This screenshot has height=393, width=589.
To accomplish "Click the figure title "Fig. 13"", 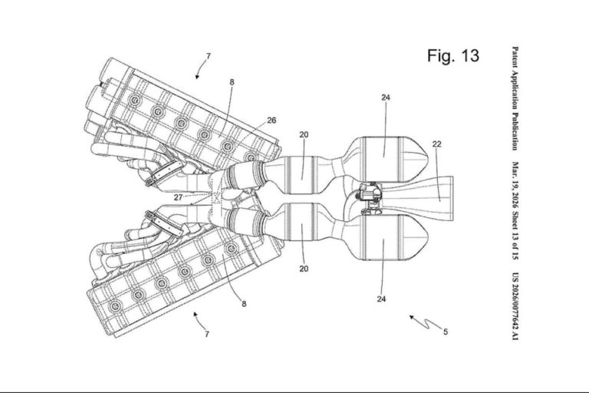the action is tap(453, 56).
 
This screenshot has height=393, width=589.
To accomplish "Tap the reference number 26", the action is tap(271, 121).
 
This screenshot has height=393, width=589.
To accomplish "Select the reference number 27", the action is tap(179, 197).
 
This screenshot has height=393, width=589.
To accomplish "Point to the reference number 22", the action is tap(436, 144).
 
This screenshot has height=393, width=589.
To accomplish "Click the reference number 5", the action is tap(446, 332).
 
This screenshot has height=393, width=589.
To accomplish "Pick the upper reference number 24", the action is tap(386, 97).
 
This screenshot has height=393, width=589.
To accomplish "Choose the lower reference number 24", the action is tap(381, 299).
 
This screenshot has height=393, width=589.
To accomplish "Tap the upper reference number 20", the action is tap(304, 134).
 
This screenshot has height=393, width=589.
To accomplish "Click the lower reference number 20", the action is tap(304, 269).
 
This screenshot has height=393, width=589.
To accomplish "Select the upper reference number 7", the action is tap(209, 56).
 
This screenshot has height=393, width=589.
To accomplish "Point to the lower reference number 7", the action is tap(206, 334).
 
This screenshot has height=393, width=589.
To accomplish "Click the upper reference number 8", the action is tap(232, 81).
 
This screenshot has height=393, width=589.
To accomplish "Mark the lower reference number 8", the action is tap(244, 304).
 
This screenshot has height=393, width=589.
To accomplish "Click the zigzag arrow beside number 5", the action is tap(426, 322).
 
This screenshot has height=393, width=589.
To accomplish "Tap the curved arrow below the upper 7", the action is tap(201, 70).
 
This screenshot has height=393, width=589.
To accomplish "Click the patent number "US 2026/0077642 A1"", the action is tap(515, 306).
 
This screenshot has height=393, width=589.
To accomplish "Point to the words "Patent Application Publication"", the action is tap(515, 98).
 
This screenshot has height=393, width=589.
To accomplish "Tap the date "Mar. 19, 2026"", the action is tap(515, 185).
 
